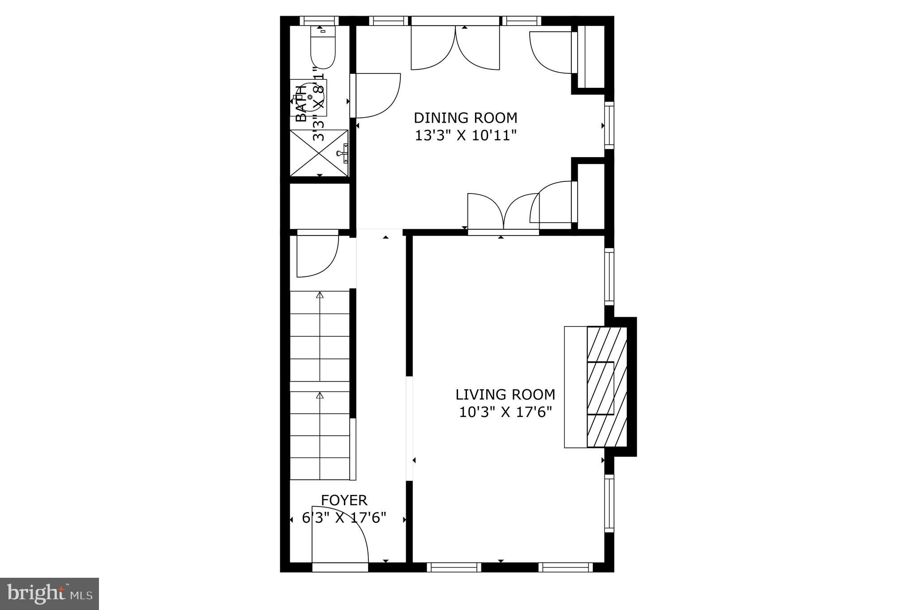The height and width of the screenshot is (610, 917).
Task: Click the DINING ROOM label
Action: pos(465,118)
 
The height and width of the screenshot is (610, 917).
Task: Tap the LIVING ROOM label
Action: pos(505,395)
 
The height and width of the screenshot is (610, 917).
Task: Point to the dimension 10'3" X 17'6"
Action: pos(505,412)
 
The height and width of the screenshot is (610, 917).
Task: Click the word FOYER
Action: pos(344,500)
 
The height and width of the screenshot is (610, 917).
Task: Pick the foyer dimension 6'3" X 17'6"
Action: pos(344,518)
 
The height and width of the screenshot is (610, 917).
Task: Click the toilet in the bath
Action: pos(323,48)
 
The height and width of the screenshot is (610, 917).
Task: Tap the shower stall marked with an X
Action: pos(319,153)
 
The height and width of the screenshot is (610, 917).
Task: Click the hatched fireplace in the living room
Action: pos(607,387)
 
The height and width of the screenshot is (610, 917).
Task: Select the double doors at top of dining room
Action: pos(455,47)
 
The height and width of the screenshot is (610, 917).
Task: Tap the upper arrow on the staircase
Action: pos(320,295)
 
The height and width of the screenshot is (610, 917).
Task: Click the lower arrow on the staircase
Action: pos(320,395)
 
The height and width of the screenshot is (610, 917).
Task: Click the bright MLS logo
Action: pos(49,593)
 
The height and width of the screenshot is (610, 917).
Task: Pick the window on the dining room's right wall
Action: pos(609,125)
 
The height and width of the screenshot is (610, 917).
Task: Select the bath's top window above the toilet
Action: pos(318,21)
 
